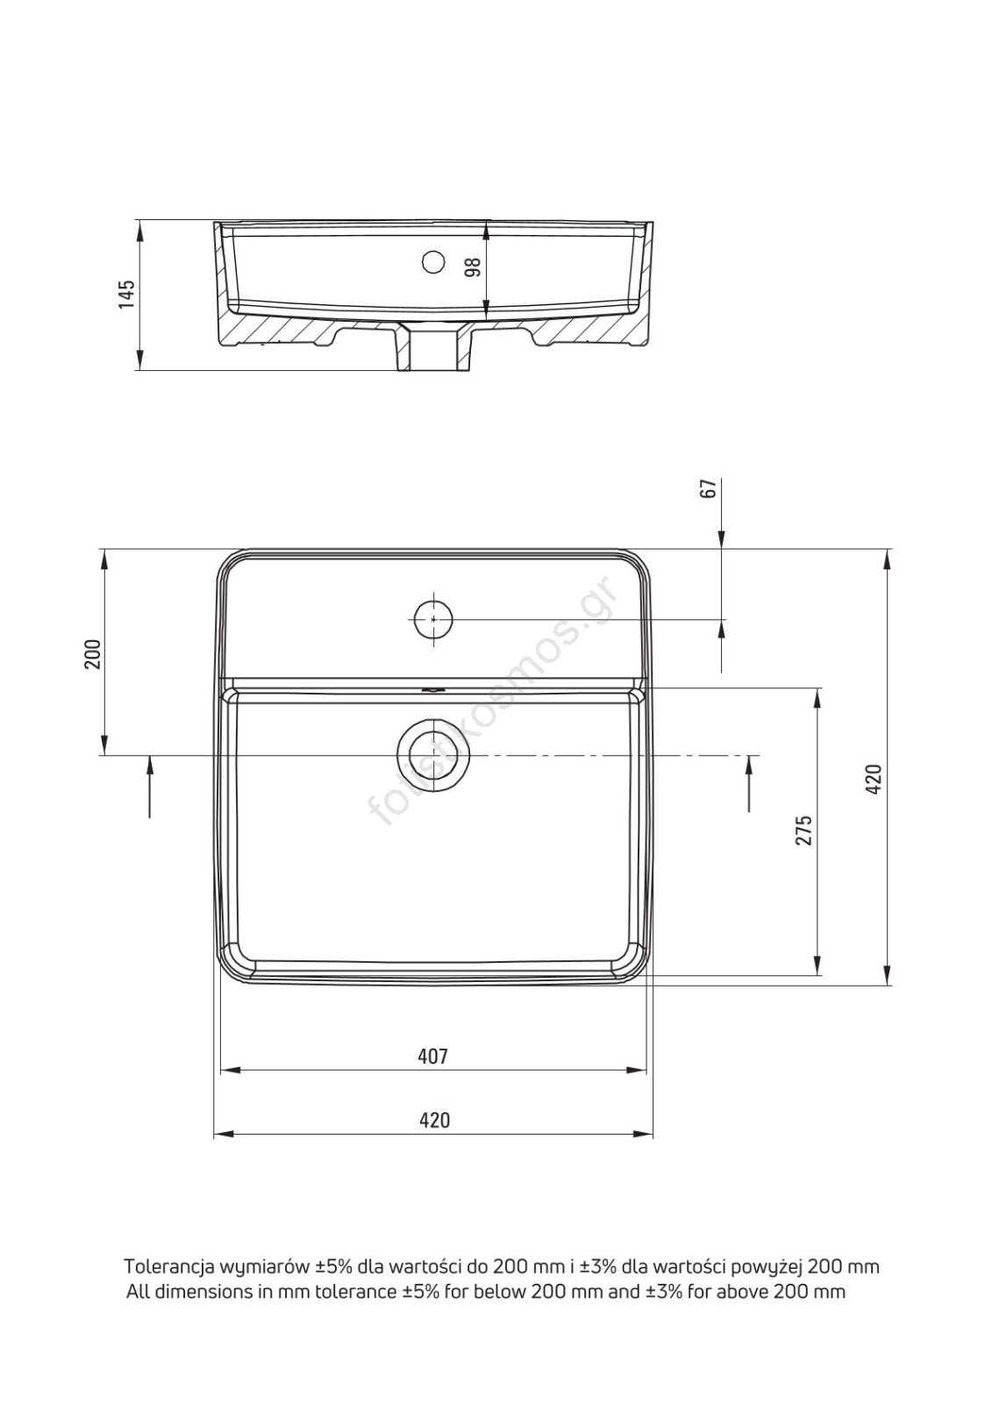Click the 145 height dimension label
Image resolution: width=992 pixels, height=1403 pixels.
126,294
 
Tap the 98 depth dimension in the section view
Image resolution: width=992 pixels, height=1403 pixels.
474,267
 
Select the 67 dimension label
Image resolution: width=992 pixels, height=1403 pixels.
707,488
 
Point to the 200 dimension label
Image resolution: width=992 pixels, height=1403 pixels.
93,654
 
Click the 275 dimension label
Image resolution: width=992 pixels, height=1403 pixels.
804,830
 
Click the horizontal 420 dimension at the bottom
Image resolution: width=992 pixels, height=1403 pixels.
434,1119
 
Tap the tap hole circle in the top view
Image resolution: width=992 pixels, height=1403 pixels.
433,619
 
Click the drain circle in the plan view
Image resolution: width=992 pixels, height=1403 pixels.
433,755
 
